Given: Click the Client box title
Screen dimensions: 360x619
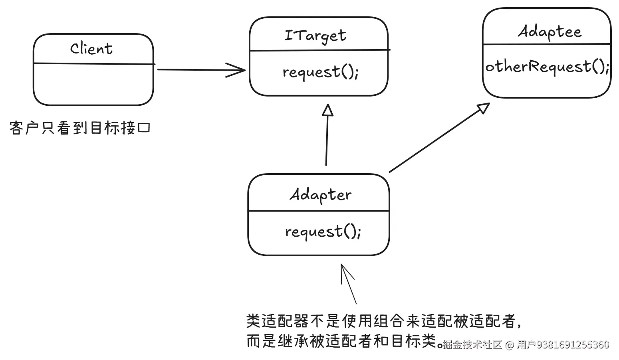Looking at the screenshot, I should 91,49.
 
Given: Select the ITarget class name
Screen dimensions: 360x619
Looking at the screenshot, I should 315,36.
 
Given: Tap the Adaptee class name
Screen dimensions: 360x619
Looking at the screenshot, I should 550,32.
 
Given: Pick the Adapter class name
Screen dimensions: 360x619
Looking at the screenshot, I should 320,195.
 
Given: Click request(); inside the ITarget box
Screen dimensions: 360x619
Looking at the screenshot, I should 320,72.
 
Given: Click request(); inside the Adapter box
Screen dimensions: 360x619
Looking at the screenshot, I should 323,232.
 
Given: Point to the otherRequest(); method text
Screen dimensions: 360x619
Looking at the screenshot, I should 547,67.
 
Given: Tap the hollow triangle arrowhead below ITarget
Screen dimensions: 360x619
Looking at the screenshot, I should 328,110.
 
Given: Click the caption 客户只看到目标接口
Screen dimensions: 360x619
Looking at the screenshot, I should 80,128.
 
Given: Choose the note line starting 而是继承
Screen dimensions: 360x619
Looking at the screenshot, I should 343,341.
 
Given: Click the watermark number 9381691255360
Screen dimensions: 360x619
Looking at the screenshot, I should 573,345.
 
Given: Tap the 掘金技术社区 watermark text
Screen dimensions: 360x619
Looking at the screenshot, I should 472,345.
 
